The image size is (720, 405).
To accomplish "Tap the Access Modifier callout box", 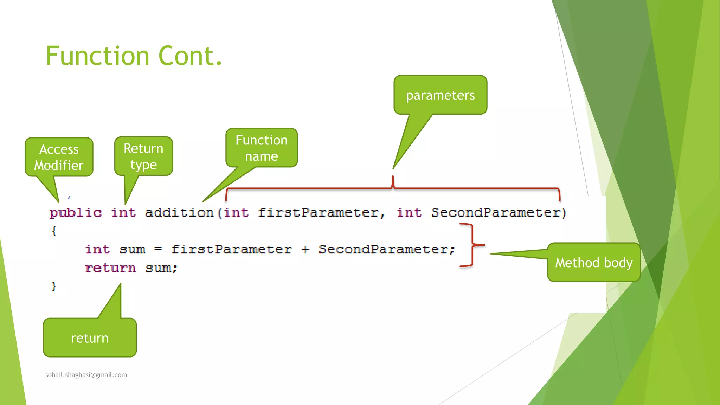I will (59, 157).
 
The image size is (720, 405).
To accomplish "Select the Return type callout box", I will (143, 156).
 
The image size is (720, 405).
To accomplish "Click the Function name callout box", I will (262, 148).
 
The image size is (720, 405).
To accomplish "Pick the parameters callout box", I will (440, 95).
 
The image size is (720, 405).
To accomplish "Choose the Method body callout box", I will (594, 262).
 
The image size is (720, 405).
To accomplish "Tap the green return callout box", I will (90, 337).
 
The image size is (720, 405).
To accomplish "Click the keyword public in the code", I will (76, 212).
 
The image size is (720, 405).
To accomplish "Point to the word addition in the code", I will (179, 212).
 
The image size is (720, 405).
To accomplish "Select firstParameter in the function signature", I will (318, 212).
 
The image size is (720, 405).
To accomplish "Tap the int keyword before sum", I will (98, 249).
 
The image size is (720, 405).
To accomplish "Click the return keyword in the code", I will (110, 268).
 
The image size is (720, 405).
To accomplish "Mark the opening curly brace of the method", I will (54, 231).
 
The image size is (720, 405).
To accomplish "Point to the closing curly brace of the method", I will (54, 286).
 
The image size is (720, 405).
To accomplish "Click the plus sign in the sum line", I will (305, 250).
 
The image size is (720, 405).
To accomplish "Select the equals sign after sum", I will (158, 249).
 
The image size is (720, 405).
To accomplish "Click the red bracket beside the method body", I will (472, 245).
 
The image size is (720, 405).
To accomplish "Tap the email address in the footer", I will (86, 375).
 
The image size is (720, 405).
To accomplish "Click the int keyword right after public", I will (123, 212).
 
